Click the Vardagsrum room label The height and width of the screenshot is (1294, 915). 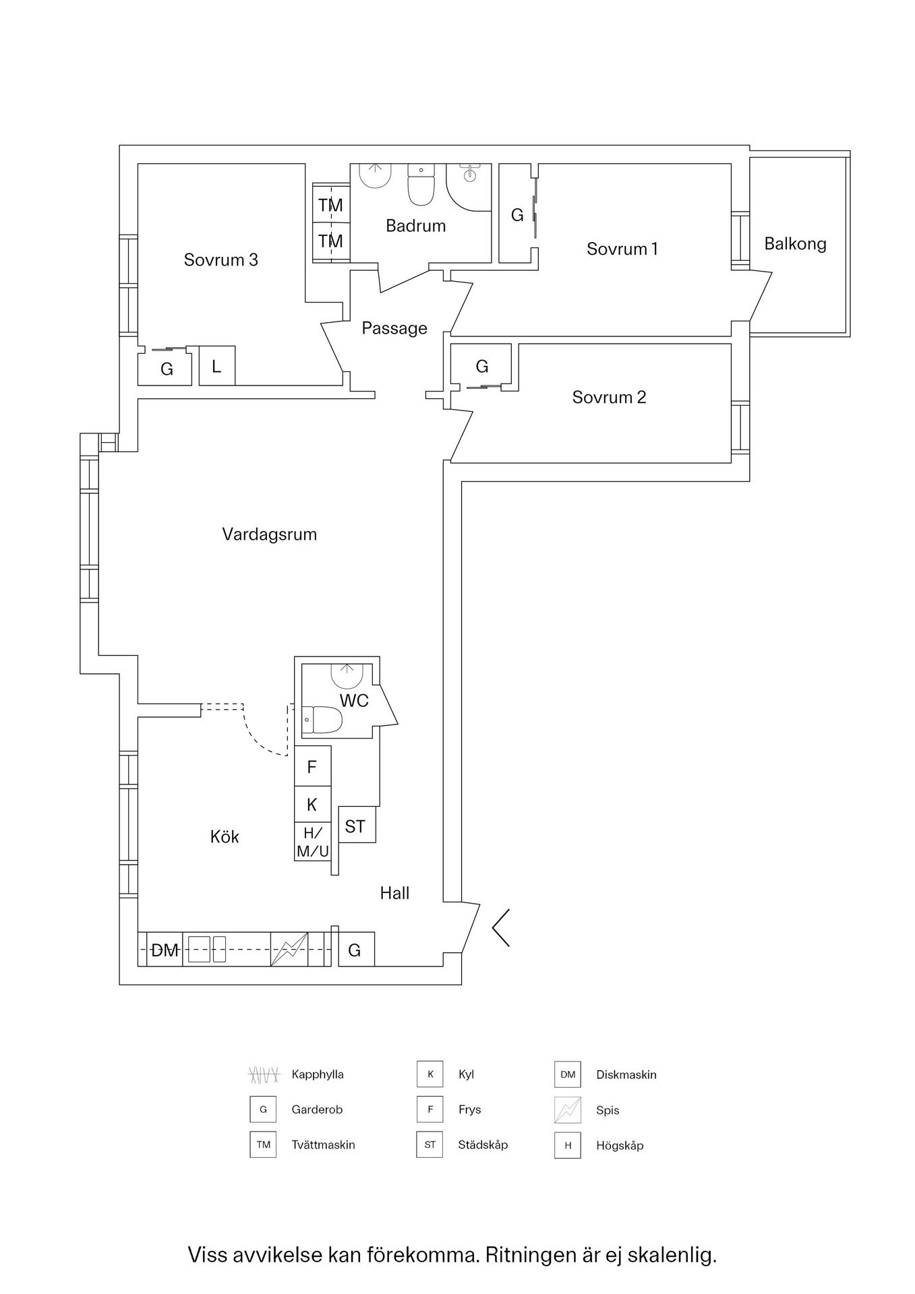[x=269, y=534]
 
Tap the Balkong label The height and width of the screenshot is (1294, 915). [x=795, y=244]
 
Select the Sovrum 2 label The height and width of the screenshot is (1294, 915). [x=609, y=398]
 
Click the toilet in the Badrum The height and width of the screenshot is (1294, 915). [x=422, y=187]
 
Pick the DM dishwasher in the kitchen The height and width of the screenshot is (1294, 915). [x=165, y=950]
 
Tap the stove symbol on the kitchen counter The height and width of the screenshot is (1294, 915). [x=289, y=950]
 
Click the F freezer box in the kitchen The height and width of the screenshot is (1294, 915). [x=312, y=766]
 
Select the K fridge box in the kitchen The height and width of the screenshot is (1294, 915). [x=312, y=804]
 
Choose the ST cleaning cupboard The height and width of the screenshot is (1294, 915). [x=355, y=826]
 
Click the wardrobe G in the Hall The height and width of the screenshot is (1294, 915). [x=355, y=950]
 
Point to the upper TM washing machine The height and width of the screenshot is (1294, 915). [x=330, y=205]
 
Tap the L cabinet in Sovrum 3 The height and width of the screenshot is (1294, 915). [x=216, y=366]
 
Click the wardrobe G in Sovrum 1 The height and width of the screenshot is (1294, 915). [x=517, y=215]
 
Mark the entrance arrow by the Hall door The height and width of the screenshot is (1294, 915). [x=501, y=927]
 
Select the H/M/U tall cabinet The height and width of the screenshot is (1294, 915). [x=313, y=842]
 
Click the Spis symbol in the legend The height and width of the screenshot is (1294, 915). [x=567, y=1110]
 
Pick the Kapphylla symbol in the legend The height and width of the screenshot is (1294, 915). [x=262, y=1074]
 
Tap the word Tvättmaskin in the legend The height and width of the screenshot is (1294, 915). [x=323, y=1144]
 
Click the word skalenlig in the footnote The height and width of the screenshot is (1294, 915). [x=671, y=1255]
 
